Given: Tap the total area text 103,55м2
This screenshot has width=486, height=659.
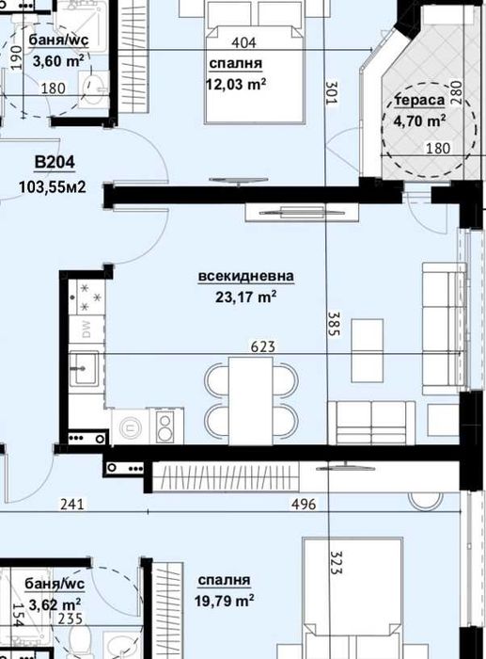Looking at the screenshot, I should point(53,186).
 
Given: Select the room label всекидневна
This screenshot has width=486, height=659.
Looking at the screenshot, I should point(246,277).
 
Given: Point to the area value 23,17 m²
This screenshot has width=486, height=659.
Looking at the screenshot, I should point(246,297).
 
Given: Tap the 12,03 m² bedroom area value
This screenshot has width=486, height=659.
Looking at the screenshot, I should point(235,83).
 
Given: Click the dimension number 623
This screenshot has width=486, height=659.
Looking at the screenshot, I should point(262,347).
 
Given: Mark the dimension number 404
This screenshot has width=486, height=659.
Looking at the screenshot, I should point(244,43).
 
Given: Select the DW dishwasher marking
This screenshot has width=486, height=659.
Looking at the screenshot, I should point(86,329).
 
